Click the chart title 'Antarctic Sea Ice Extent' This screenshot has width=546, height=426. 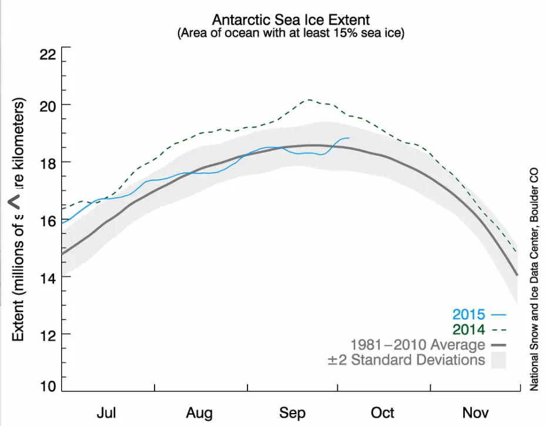coord(291,21)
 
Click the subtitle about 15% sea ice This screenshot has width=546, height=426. coord(291,33)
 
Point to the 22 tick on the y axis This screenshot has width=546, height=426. coord(47,55)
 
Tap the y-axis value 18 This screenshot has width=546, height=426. coord(47,162)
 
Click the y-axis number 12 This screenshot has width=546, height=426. coord(47,334)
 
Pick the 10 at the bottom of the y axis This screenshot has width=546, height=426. coord(47,386)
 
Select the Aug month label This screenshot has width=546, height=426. coord(200,413)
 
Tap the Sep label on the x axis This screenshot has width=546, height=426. coord(293,413)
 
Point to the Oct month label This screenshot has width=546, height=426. coord(383,413)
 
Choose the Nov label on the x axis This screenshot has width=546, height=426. coord(475,413)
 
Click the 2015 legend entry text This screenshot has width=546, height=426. coord(468,314)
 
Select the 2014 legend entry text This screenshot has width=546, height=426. coord(468,329)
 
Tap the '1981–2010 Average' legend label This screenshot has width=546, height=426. coord(417,344)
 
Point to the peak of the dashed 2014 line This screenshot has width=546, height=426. coord(308,100)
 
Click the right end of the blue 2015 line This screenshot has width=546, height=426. coord(349,138)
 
